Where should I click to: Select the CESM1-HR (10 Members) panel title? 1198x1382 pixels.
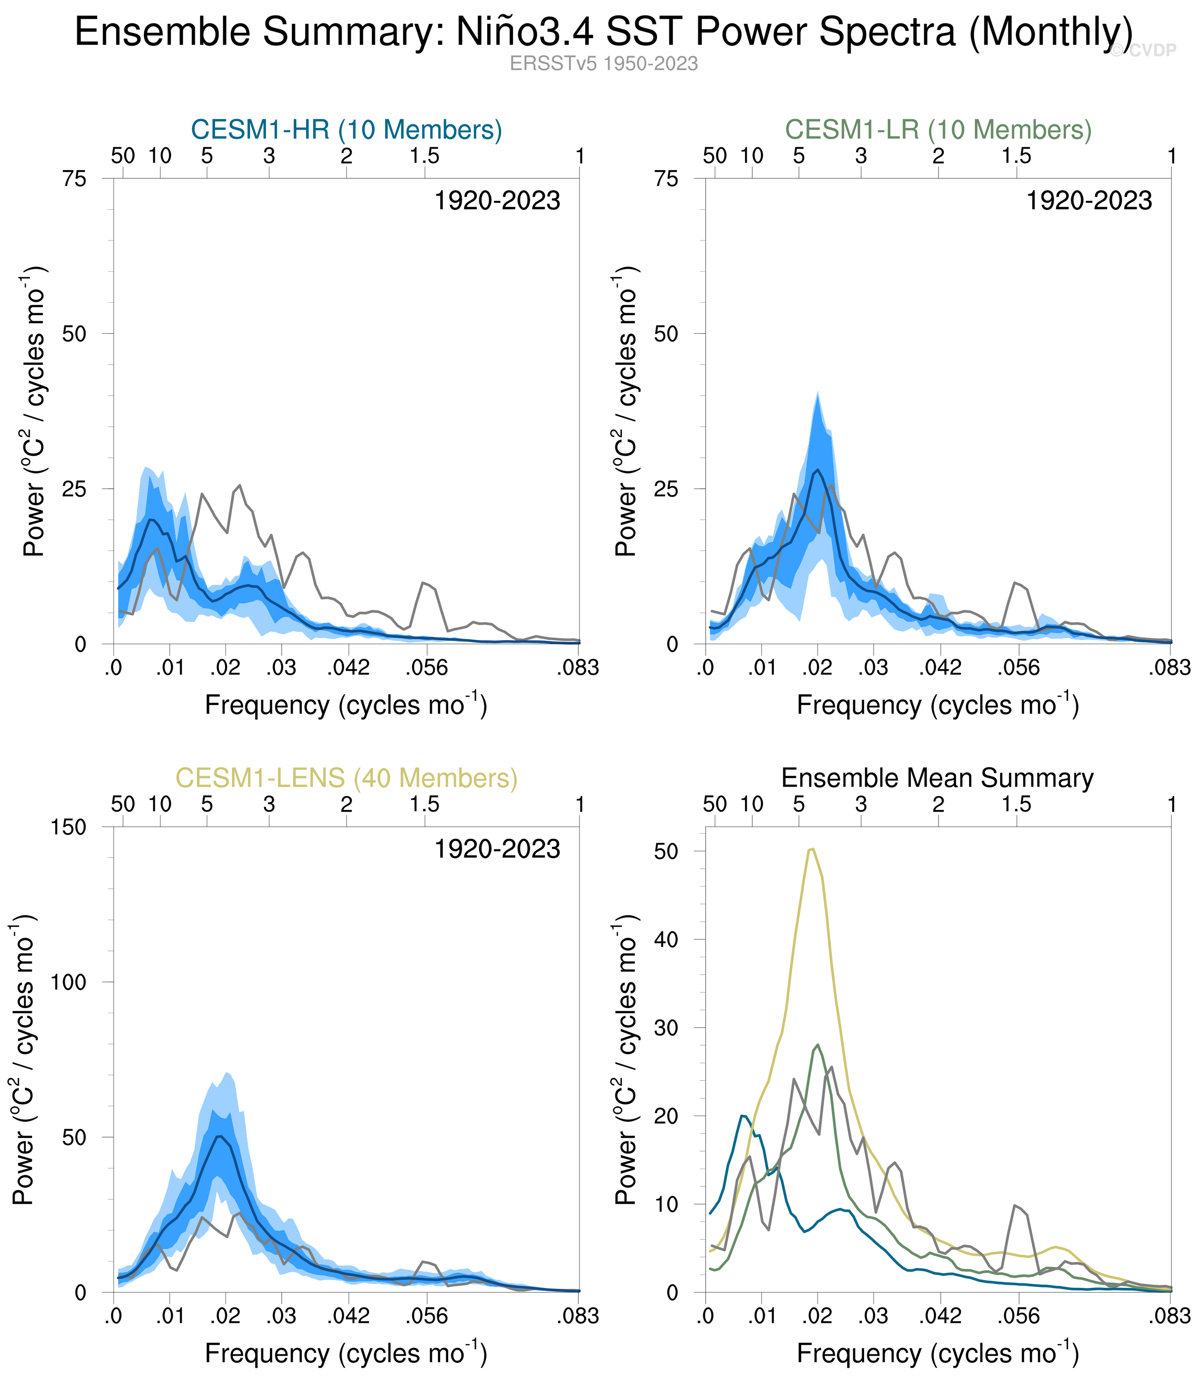[346, 130]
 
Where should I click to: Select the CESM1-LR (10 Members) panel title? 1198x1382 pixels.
[938, 130]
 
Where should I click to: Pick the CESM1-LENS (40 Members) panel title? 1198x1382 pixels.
[346, 778]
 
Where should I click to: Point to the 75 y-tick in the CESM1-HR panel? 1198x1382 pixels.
[75, 179]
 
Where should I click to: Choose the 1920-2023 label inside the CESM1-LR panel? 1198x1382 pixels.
[1089, 201]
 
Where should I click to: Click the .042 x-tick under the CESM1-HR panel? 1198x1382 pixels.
[348, 667]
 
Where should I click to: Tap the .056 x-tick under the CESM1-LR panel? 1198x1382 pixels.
[1018, 667]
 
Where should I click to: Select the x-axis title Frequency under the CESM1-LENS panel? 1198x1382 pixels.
[345, 1354]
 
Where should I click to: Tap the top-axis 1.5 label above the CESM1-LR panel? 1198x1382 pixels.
[1016, 156]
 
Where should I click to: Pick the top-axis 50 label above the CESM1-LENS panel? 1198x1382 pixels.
[123, 805]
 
